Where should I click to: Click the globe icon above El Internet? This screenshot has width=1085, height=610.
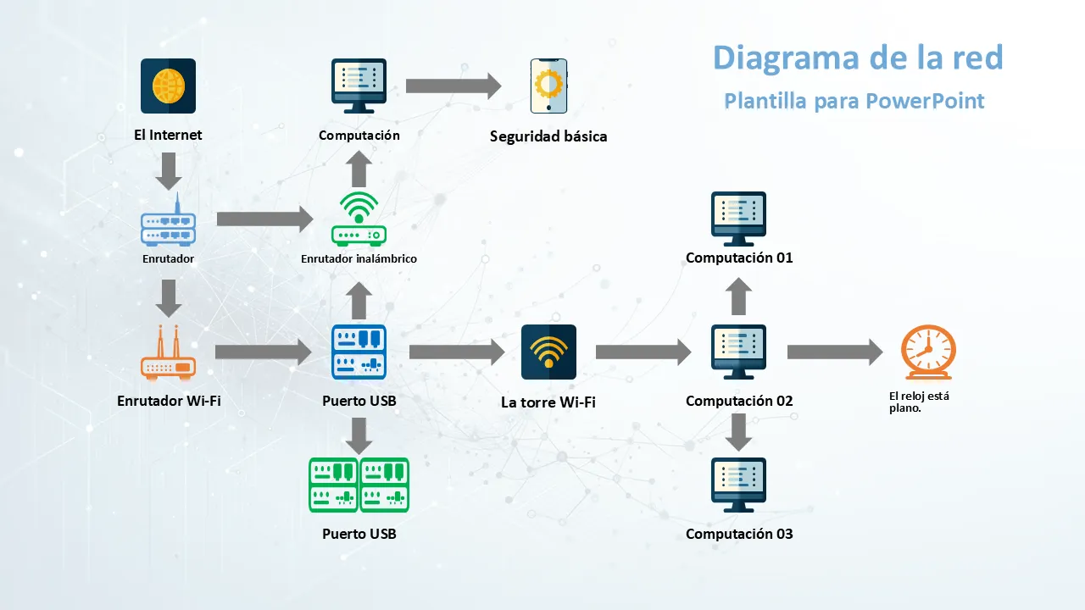pos(168,86)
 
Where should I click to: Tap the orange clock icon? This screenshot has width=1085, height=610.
pos(928,352)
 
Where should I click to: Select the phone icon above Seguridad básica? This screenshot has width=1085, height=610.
pos(548,86)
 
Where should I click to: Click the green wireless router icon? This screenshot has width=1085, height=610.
pos(359,219)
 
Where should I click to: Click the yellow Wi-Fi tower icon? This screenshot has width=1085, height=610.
pos(548,352)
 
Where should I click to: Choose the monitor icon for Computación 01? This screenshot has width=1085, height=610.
pos(738,218)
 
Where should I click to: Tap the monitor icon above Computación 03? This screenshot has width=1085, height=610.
pos(738,485)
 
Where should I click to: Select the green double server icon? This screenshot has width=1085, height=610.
pos(359,485)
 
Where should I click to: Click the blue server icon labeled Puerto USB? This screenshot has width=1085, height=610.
pos(359,352)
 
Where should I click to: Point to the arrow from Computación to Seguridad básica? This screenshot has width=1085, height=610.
pos(453,86)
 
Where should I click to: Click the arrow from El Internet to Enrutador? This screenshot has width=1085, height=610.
pos(169,171)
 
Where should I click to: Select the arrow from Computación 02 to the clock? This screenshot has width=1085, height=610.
pos(835,352)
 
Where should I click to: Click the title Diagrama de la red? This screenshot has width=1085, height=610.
pos(858,58)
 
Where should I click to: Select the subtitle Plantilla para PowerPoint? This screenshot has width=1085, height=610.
pos(854,101)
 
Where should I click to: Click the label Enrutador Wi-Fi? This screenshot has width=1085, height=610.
pos(169,401)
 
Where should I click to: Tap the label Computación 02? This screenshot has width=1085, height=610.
pos(739,401)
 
